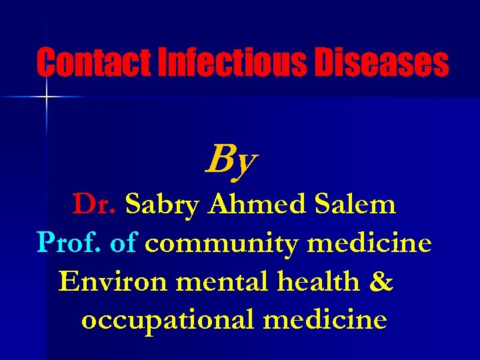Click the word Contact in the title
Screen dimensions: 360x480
tap(94, 63)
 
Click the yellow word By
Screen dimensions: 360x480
tap(231, 161)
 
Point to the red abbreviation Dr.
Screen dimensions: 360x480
tap(95, 205)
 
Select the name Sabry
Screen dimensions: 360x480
tap(162, 205)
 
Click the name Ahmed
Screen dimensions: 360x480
tap(252, 205)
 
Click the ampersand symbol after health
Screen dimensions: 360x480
tap(380, 282)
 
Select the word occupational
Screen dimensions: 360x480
tap(167, 321)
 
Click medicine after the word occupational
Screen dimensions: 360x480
tap(325, 319)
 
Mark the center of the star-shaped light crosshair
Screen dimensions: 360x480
tap(47, 97)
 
